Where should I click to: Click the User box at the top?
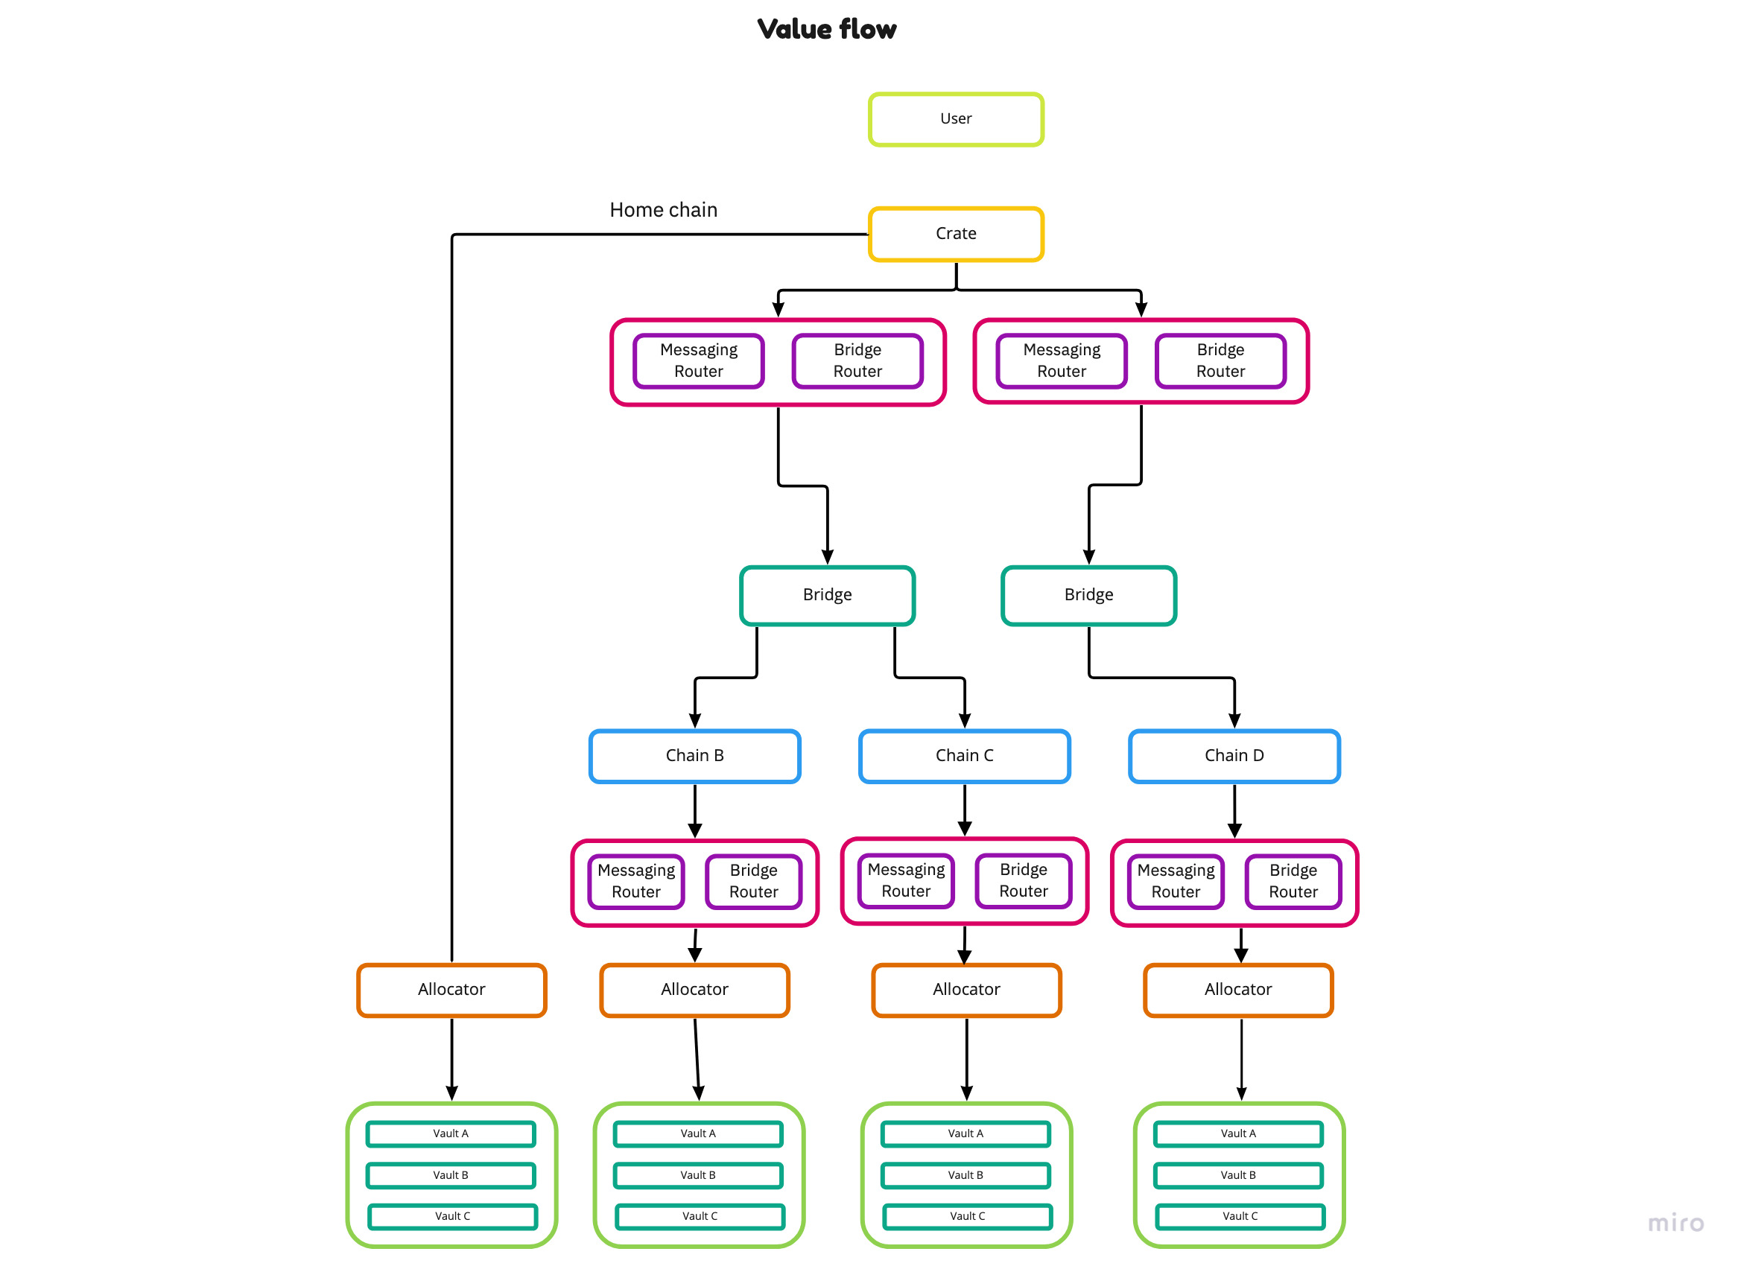[x=955, y=118]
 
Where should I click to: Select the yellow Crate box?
[x=955, y=233]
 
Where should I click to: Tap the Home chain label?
[x=663, y=209]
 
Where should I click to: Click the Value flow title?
[x=825, y=29]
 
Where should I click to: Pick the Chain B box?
[x=694, y=755]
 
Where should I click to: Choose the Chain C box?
[x=964, y=755]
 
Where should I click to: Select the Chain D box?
[x=1233, y=755]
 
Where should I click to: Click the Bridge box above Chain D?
[x=1088, y=595]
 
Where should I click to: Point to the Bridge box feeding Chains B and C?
[x=826, y=595]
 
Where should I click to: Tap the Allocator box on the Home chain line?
[x=451, y=990]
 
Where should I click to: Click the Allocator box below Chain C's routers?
[x=966, y=990]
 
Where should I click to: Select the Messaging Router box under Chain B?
[x=635, y=881]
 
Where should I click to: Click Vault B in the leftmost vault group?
[x=451, y=1175]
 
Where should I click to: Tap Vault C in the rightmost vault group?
[x=1240, y=1216]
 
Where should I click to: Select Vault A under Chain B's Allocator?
[x=697, y=1133]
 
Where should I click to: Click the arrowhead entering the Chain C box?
[x=964, y=721]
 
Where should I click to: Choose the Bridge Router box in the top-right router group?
[x=1220, y=360]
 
